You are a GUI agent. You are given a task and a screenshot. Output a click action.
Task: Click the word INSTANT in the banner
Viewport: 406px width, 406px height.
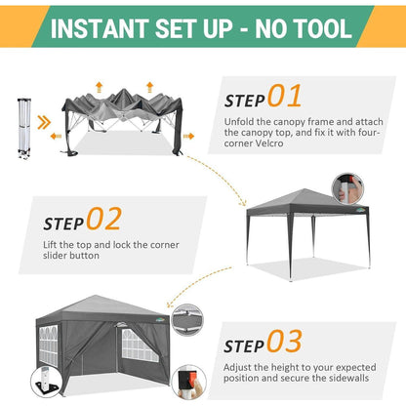point(100,28)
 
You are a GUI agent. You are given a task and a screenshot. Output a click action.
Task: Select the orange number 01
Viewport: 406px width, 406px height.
point(285,96)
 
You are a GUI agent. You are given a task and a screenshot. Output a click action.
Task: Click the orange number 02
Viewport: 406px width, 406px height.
point(104,219)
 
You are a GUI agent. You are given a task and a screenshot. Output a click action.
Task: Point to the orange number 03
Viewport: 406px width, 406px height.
point(285,341)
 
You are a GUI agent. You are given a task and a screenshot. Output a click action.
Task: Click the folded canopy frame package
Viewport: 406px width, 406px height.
point(24,128)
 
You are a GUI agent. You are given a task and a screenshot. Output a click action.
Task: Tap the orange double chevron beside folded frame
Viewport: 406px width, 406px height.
point(44,122)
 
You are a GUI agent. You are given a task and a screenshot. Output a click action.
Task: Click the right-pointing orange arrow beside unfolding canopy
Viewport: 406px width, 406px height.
point(188,136)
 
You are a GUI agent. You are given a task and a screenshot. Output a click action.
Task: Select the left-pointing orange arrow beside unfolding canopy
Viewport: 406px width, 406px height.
point(56,136)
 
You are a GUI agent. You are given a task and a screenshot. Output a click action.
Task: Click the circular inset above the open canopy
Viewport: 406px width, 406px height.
point(347,188)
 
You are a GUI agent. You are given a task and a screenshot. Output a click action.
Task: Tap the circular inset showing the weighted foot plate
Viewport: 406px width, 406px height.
point(47,382)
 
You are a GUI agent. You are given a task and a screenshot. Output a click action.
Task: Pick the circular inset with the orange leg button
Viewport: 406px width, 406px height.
point(188,382)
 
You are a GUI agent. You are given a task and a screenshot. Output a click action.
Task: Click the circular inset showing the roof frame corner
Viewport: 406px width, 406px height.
point(187,319)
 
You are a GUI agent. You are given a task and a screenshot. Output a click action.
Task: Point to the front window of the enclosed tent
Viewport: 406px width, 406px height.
point(140,345)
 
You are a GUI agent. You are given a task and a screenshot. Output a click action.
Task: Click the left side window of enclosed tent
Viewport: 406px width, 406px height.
point(49,345)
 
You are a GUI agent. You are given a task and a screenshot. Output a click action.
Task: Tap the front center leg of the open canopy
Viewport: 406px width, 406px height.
point(291,247)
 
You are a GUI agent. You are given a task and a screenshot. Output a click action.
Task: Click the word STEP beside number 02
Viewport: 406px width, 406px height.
point(63,223)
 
